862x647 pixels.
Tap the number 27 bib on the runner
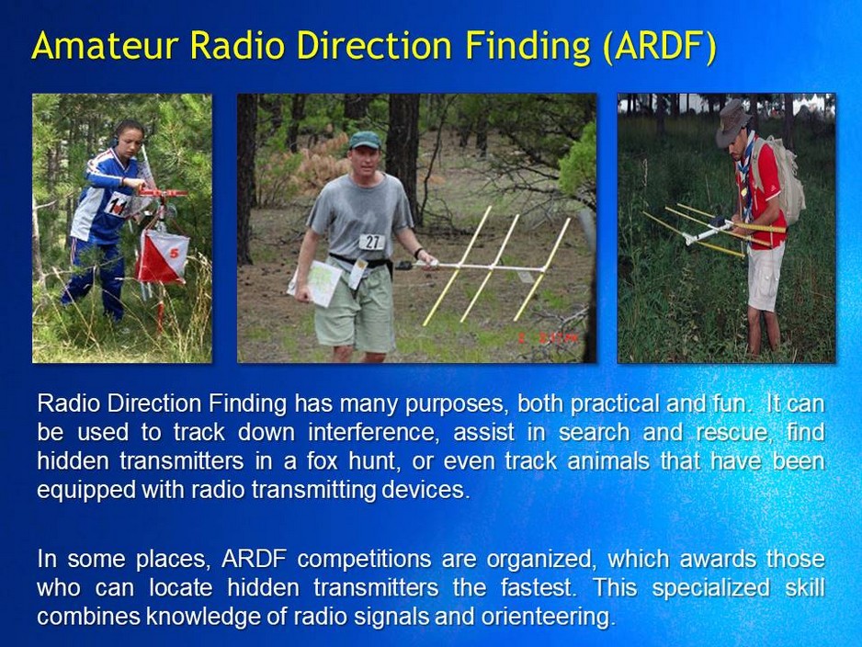(371, 242)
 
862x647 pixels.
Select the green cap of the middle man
(364, 140)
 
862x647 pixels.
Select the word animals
(600, 461)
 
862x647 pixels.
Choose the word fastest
(537, 588)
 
